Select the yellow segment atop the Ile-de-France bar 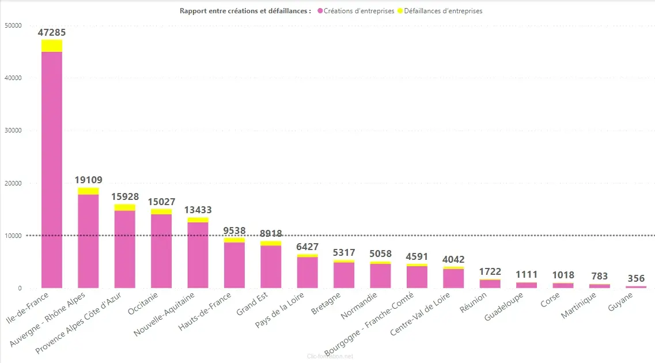pos(52,46)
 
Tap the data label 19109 pos(88,179)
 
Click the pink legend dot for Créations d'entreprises pos(320,11)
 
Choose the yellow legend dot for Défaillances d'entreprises pos(400,11)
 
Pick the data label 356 pos(636,279)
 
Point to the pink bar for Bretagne pos(344,275)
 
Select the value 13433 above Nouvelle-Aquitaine pos(198,210)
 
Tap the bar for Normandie pos(380,276)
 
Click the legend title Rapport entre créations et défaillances pos(245,11)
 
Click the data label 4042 pos(453,259)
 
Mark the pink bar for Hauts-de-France pos(234,265)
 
